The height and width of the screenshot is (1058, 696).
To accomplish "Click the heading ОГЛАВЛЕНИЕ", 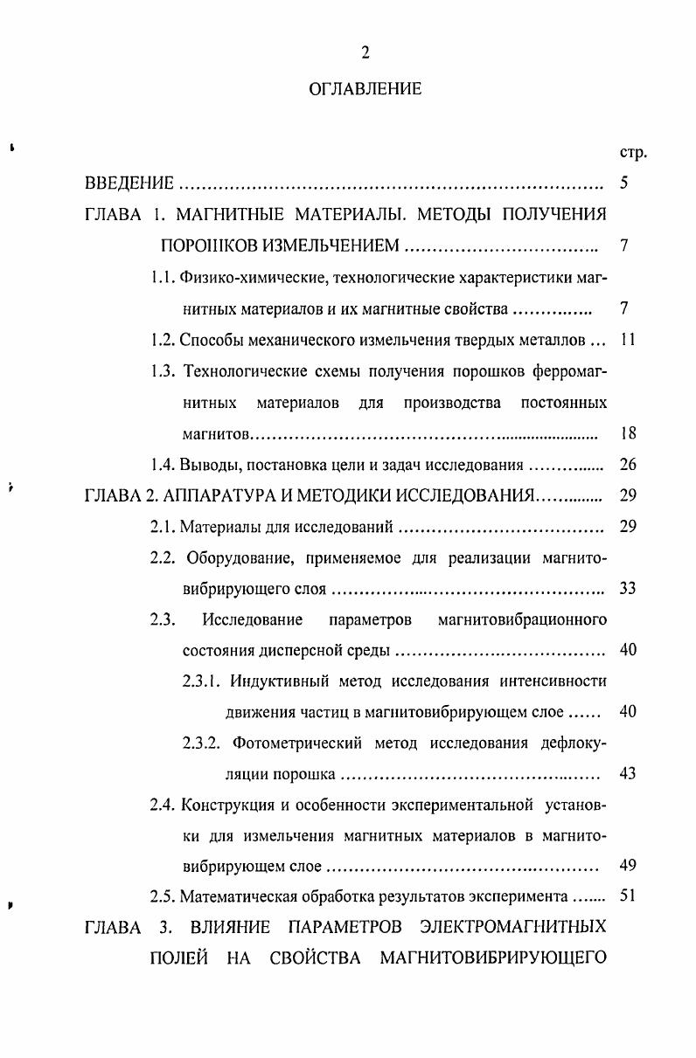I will tap(365, 88).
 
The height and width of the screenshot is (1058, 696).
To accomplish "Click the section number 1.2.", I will tap(164, 340).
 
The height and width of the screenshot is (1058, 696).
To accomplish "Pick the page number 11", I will tap(626, 340).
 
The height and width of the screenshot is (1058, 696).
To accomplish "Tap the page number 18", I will tap(626, 433).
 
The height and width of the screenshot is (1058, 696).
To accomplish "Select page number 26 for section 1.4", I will tap(626, 464).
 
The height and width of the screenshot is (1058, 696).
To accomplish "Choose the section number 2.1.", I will tap(164, 526).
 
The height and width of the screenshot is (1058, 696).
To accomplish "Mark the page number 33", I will tap(626, 588).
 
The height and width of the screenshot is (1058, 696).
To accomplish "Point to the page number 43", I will tap(626, 774).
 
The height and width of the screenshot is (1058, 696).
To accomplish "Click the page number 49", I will tap(626, 867).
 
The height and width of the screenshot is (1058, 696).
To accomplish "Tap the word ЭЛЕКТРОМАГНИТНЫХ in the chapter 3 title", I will tap(513, 927).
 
